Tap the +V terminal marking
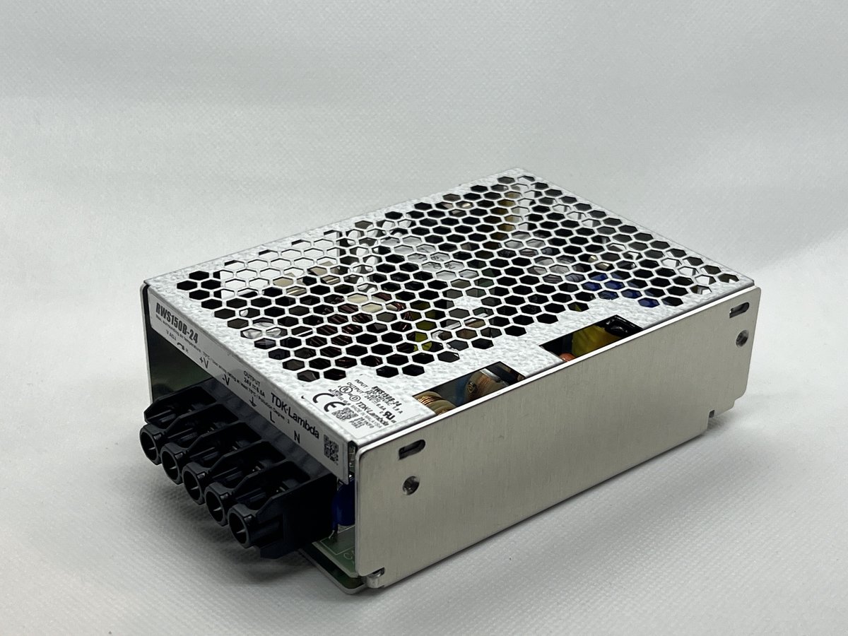(x=204, y=361)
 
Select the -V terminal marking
(x=226, y=379)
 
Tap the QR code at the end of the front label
(x=330, y=447)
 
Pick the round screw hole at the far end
(x=741, y=338)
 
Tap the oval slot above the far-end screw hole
(x=738, y=308)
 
